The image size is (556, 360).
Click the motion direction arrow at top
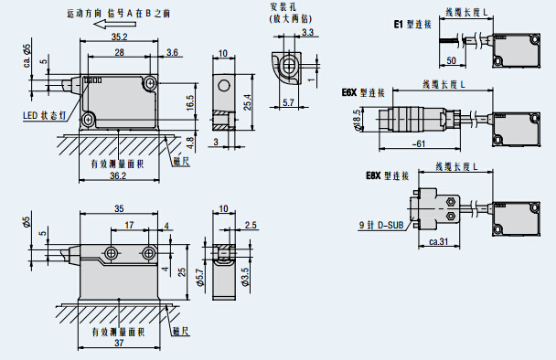coord(115,24)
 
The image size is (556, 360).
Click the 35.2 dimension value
coord(119,37)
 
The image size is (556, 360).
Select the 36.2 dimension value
coord(118,175)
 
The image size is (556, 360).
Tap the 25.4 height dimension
coord(247,102)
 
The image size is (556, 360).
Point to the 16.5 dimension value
coord(189,102)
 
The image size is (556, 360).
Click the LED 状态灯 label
coord(44,115)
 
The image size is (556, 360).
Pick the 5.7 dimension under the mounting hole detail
coord(289,102)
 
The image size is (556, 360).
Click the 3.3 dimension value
coord(307,32)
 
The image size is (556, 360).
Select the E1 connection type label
coord(412,24)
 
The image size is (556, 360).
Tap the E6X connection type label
coord(363,93)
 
